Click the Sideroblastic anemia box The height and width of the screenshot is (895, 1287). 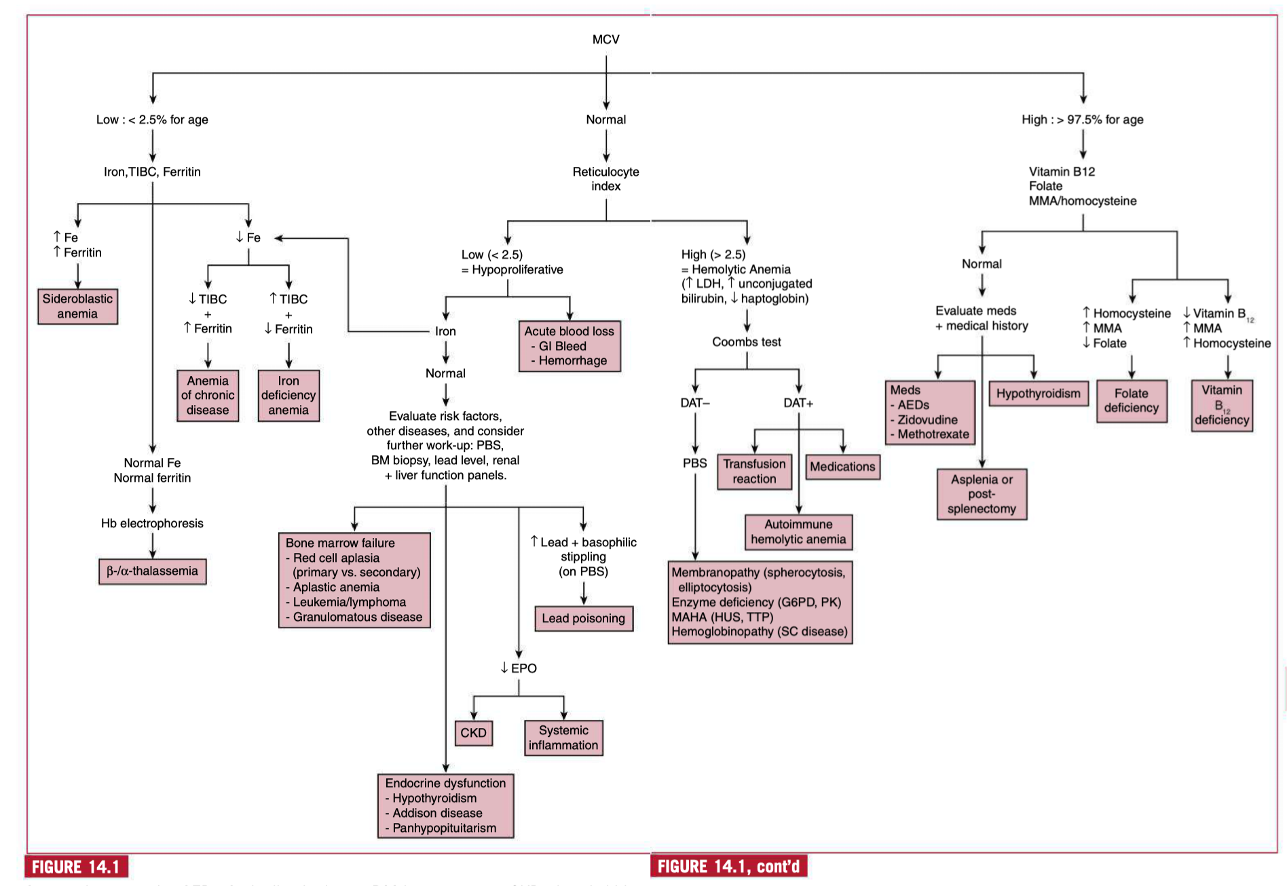tap(77, 306)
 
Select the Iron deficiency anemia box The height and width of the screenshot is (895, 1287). tap(288, 395)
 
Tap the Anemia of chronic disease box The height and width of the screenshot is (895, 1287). tap(208, 395)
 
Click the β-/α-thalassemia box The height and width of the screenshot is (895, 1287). tap(152, 571)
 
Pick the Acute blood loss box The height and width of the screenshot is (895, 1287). tap(570, 346)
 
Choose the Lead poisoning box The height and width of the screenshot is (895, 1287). tap(583, 618)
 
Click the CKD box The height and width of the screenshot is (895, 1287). tap(473, 733)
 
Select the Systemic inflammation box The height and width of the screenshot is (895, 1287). tap(563, 738)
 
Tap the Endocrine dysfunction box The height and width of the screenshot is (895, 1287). tap(445, 805)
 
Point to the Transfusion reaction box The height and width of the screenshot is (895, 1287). tap(754, 472)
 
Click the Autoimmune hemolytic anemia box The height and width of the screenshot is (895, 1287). tap(798, 532)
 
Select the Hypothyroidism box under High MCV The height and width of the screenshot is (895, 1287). tap(1038, 394)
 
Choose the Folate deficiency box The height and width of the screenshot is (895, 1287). tap(1132, 400)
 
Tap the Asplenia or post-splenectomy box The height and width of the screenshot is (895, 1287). tap(982, 494)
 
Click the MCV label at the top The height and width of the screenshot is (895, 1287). tap(605, 40)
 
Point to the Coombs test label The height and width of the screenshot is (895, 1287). tap(746, 342)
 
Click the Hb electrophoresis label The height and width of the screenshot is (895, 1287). tap(152, 523)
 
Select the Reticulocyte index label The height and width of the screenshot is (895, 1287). tap(605, 179)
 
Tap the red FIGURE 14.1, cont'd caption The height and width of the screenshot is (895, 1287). tap(728, 867)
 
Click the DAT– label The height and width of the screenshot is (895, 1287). tap(695, 403)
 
